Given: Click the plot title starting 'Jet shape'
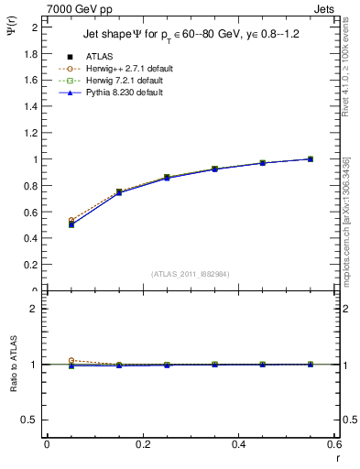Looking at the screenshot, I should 186,35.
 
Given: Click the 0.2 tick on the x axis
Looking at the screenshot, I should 142,444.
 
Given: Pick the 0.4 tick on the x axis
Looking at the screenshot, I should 238,444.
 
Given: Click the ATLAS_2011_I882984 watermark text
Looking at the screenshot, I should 190,274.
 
